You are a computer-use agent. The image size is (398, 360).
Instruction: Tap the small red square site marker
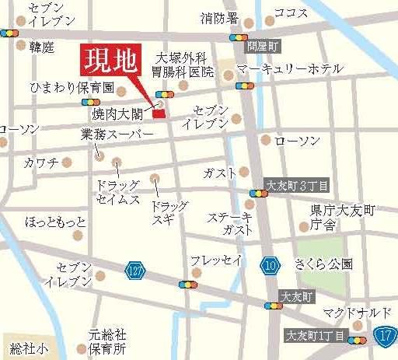pos(159,114)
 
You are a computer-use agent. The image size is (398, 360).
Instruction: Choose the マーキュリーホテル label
pos(289,69)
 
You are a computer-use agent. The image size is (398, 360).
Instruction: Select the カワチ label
pos(40,163)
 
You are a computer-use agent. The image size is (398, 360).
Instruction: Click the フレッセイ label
pos(216,260)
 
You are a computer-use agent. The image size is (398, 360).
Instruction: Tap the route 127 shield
pos(134,268)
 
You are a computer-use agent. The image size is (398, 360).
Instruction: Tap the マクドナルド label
pos(356,312)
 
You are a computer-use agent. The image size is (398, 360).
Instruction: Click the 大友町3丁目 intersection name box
pos(298,185)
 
